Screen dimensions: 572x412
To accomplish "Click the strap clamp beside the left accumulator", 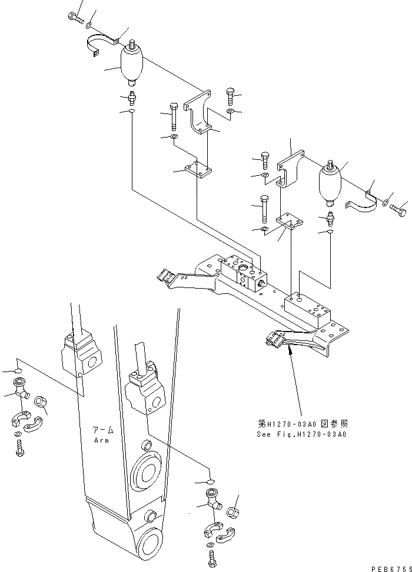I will [x=102, y=46].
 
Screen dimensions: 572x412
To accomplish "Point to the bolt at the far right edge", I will [x=398, y=207].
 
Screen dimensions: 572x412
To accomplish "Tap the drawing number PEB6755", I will [x=389, y=568].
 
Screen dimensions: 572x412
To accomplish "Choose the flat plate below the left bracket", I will [x=198, y=169].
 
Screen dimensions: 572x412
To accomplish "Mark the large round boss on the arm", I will [x=145, y=467].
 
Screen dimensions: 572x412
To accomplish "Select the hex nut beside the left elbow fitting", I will [x=41, y=402].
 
